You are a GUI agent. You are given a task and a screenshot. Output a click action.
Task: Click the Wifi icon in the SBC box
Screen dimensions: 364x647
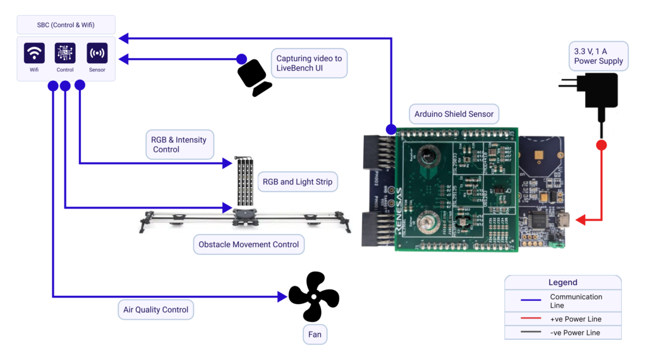34,53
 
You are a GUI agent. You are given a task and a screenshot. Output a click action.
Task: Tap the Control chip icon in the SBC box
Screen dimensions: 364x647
65,53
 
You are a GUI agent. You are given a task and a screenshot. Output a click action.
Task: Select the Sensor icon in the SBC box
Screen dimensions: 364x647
97,53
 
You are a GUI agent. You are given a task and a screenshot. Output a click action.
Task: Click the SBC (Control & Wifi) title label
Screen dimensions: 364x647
66,25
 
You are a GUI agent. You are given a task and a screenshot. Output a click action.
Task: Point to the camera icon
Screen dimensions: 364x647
254,77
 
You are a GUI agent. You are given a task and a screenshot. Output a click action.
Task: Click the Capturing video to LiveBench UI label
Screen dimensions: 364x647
309,63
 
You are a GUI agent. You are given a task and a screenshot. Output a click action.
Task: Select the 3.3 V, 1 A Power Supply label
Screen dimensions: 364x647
598,56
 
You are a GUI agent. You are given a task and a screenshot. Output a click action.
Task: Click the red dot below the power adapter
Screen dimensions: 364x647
601,145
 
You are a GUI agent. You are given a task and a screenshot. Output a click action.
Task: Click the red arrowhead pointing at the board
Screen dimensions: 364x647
581,220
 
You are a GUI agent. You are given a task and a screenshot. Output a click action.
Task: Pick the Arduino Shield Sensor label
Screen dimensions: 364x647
454,114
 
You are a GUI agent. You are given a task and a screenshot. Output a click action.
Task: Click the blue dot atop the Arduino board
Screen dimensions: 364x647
391,130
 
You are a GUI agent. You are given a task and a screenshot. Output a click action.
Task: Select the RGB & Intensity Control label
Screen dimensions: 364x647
178,145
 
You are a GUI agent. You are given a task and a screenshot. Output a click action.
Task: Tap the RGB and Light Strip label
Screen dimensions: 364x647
297,182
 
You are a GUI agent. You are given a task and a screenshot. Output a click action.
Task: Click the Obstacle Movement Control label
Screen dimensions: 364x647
248,245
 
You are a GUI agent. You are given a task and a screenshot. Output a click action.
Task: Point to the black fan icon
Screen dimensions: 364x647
313,296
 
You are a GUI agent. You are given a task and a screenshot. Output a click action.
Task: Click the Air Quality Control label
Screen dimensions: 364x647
155,310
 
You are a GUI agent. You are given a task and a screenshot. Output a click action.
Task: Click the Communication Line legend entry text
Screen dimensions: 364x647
576,301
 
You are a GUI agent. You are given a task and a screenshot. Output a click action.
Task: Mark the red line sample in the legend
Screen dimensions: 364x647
523,319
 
